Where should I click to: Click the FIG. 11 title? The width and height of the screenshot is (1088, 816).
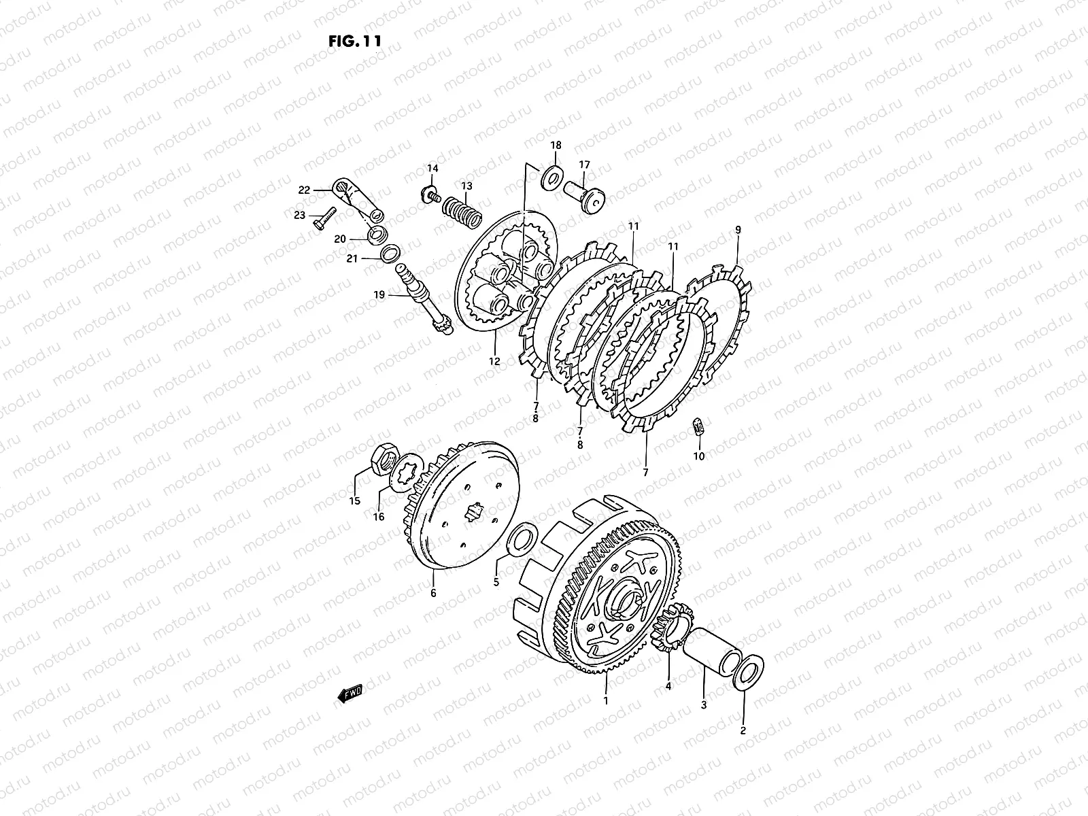click(x=355, y=41)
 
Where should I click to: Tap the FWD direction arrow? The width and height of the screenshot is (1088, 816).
click(x=350, y=693)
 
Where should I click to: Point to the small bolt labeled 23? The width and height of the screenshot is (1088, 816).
click(x=324, y=218)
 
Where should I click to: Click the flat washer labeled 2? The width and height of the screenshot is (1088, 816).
click(x=748, y=673)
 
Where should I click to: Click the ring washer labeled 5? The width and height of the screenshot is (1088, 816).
click(x=518, y=541)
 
